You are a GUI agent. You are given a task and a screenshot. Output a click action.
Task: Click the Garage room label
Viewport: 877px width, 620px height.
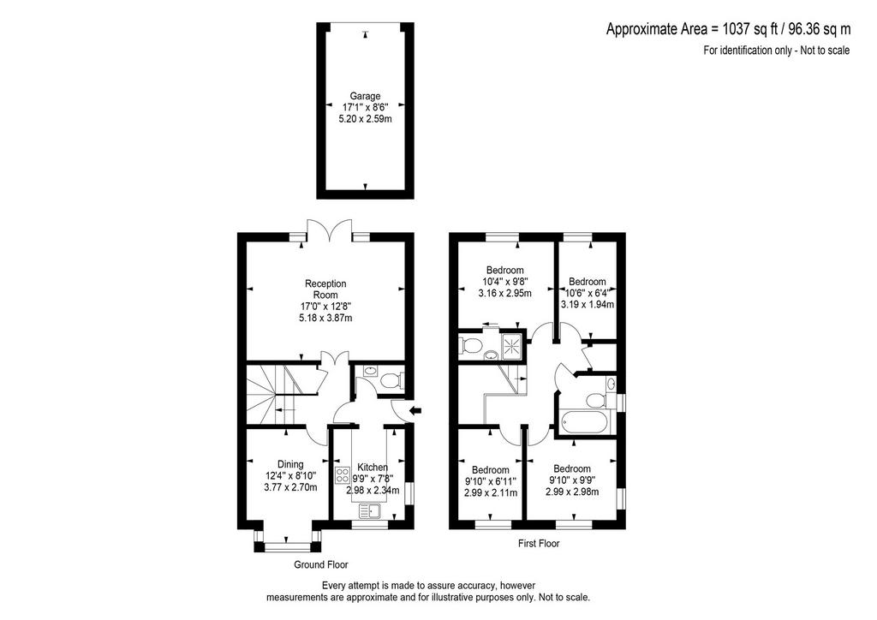click(365, 96)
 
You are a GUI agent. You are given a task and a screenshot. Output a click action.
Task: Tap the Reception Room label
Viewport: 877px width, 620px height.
click(325, 289)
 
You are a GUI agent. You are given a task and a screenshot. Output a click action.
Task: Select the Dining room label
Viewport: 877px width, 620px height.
click(290, 464)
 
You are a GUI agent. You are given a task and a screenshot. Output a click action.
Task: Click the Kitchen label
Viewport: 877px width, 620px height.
click(373, 468)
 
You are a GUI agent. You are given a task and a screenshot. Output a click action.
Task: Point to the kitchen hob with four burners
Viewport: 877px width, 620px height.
click(342, 475)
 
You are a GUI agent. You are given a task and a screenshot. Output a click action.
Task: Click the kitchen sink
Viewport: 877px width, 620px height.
click(369, 510)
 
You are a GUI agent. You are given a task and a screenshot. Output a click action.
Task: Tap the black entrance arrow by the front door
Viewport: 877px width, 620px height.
click(415, 411)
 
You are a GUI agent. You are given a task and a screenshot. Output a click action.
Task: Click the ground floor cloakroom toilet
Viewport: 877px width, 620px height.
click(390, 381)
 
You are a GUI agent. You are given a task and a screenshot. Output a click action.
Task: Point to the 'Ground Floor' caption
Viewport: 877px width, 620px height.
click(321, 564)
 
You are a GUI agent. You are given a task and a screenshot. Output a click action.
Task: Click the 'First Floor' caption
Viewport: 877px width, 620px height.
click(539, 543)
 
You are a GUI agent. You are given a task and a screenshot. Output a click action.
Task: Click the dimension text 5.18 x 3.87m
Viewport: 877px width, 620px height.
click(325, 318)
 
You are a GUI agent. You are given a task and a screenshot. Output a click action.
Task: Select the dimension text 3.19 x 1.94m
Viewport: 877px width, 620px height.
click(588, 305)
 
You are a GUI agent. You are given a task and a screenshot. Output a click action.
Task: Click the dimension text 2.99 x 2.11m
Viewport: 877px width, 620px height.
click(491, 493)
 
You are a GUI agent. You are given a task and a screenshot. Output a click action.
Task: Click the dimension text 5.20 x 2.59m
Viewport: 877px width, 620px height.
click(365, 118)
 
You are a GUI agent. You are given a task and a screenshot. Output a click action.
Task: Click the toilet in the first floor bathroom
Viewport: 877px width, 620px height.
click(594, 400)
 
